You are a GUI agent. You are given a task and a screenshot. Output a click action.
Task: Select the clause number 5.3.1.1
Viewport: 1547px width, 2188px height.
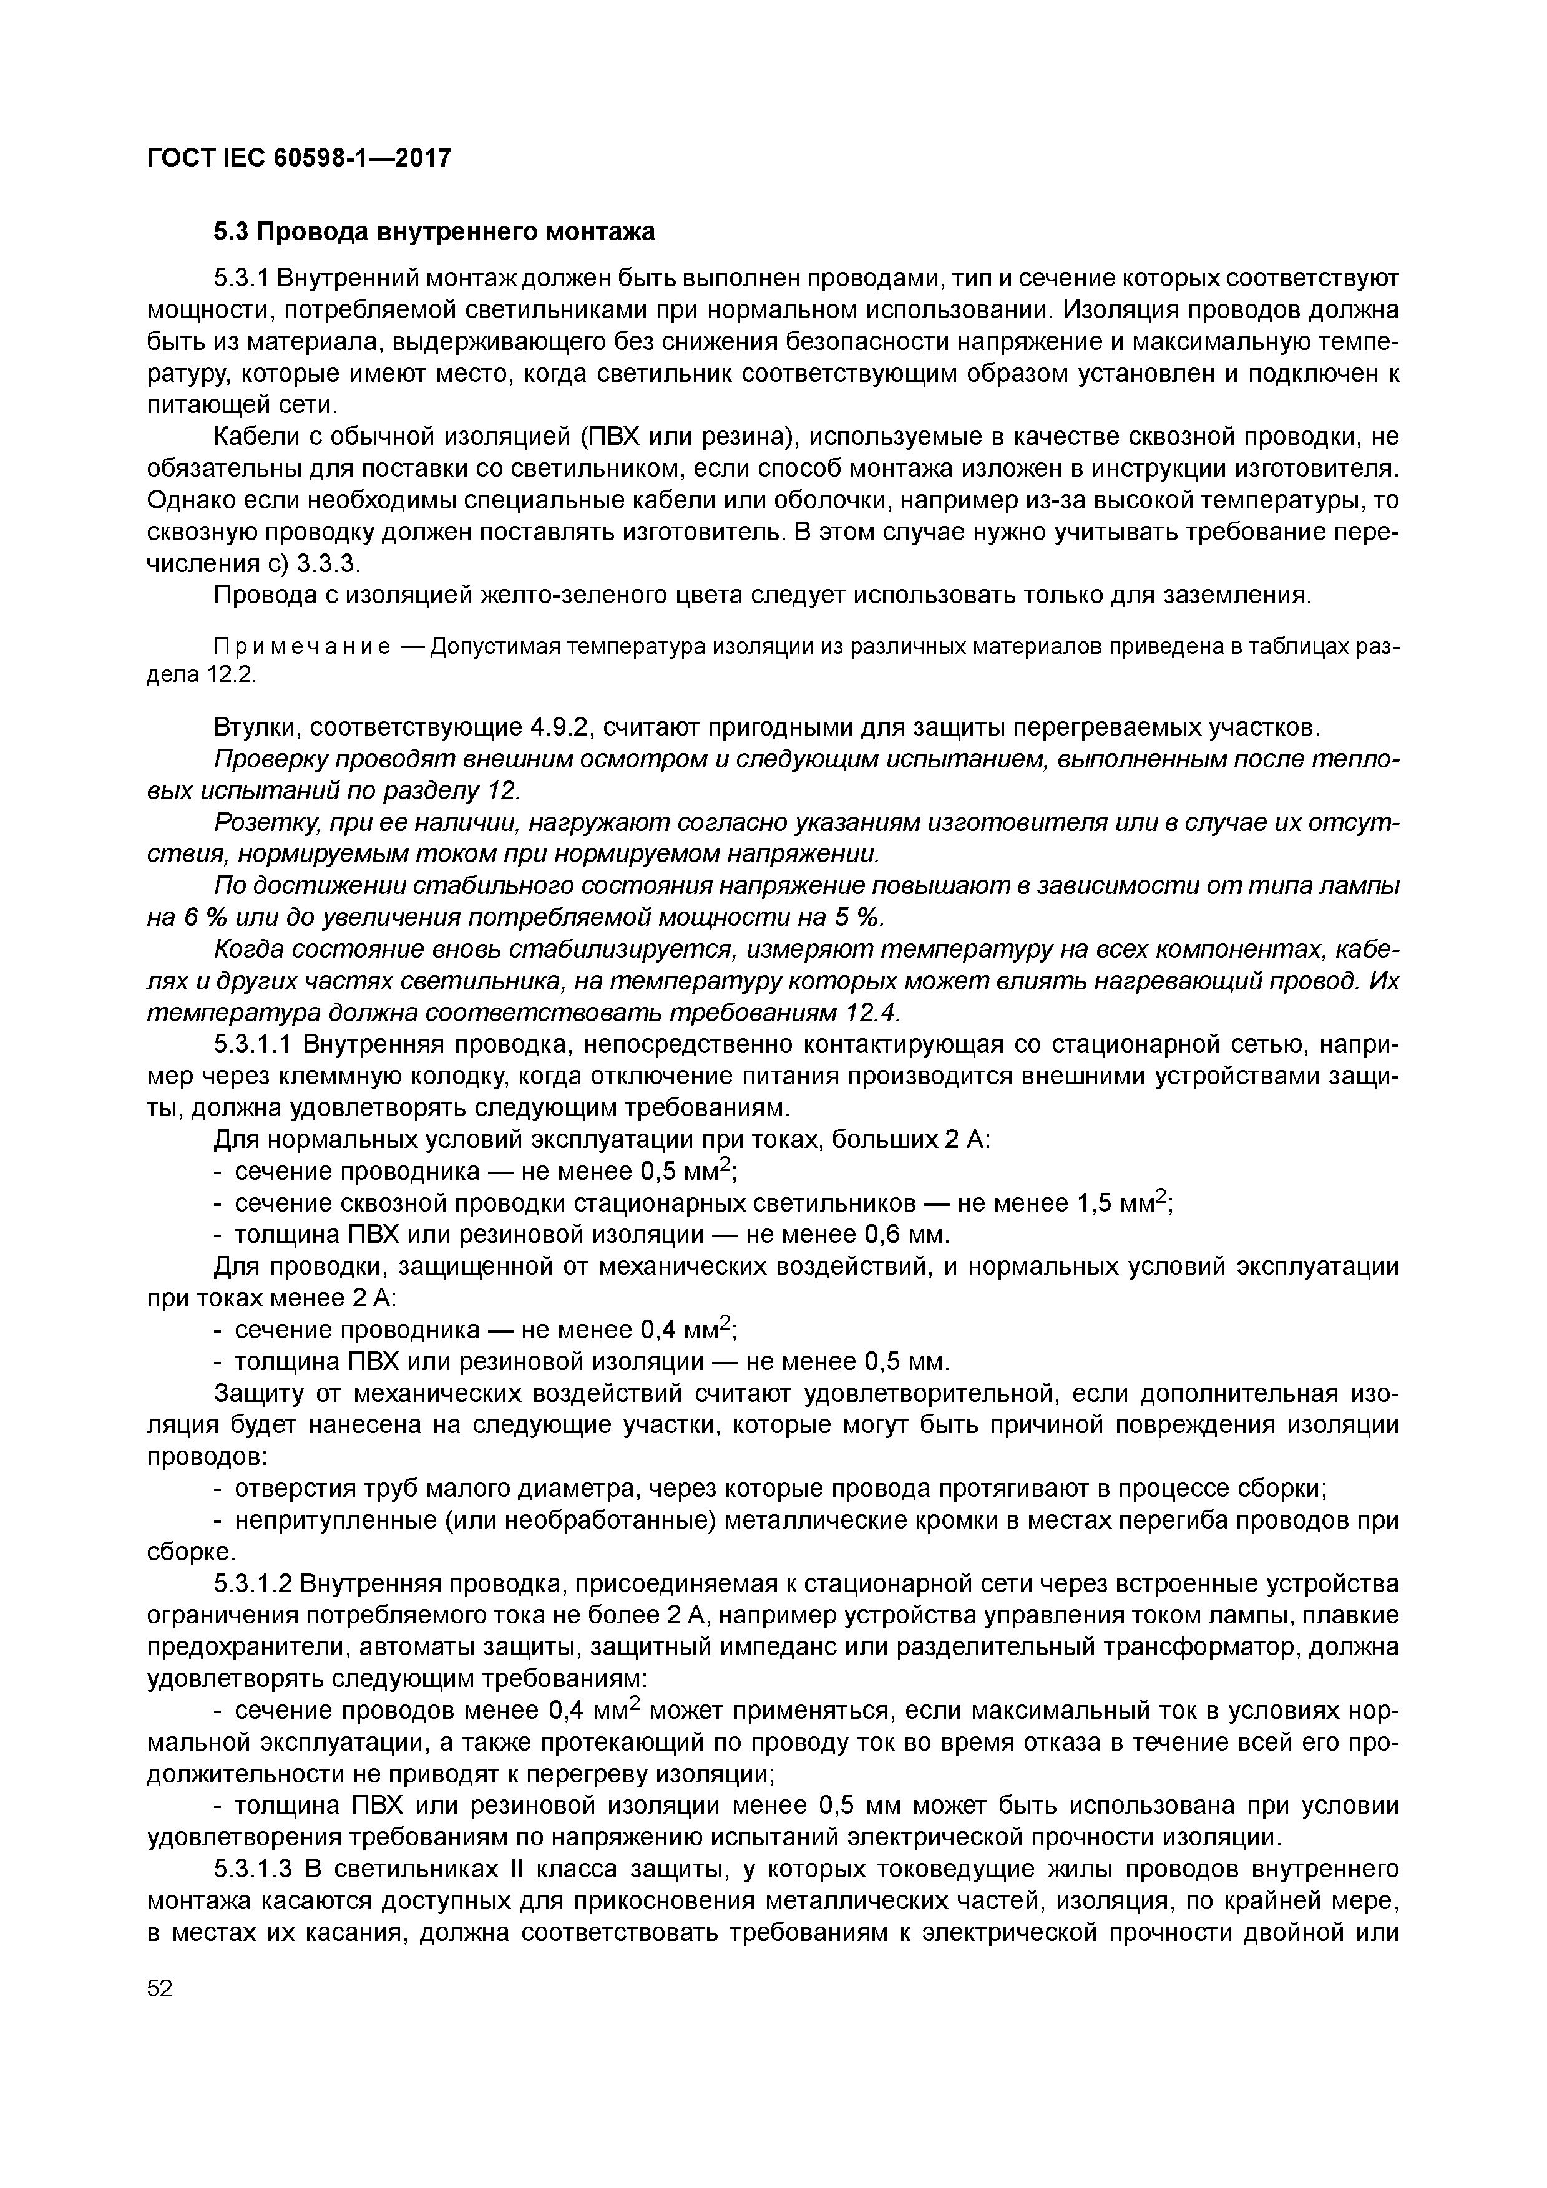pos(253,1046)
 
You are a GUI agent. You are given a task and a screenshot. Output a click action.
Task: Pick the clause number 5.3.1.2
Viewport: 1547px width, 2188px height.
pos(253,1584)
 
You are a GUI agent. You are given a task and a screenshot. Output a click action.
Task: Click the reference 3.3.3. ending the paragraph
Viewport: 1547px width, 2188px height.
pos(328,563)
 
